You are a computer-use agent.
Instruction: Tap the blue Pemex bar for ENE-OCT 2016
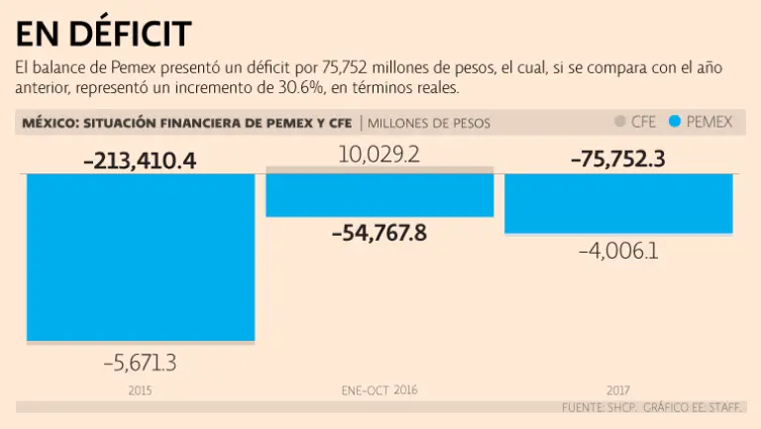click(380, 195)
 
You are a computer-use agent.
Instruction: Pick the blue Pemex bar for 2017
click(619, 203)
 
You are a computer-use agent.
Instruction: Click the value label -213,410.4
click(140, 160)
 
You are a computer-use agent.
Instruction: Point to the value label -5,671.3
click(140, 364)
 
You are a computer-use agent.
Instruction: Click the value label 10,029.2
click(380, 155)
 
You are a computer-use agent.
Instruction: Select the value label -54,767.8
click(380, 234)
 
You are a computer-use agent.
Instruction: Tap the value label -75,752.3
click(619, 160)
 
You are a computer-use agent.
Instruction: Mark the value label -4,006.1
click(619, 251)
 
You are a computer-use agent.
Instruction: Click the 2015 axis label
click(140, 390)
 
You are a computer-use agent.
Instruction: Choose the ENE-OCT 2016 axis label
click(380, 390)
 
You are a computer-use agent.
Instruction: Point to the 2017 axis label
click(619, 390)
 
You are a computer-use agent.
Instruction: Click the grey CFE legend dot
click(620, 122)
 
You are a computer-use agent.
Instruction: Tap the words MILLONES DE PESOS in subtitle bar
click(429, 123)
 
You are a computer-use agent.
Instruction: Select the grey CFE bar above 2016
click(380, 170)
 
